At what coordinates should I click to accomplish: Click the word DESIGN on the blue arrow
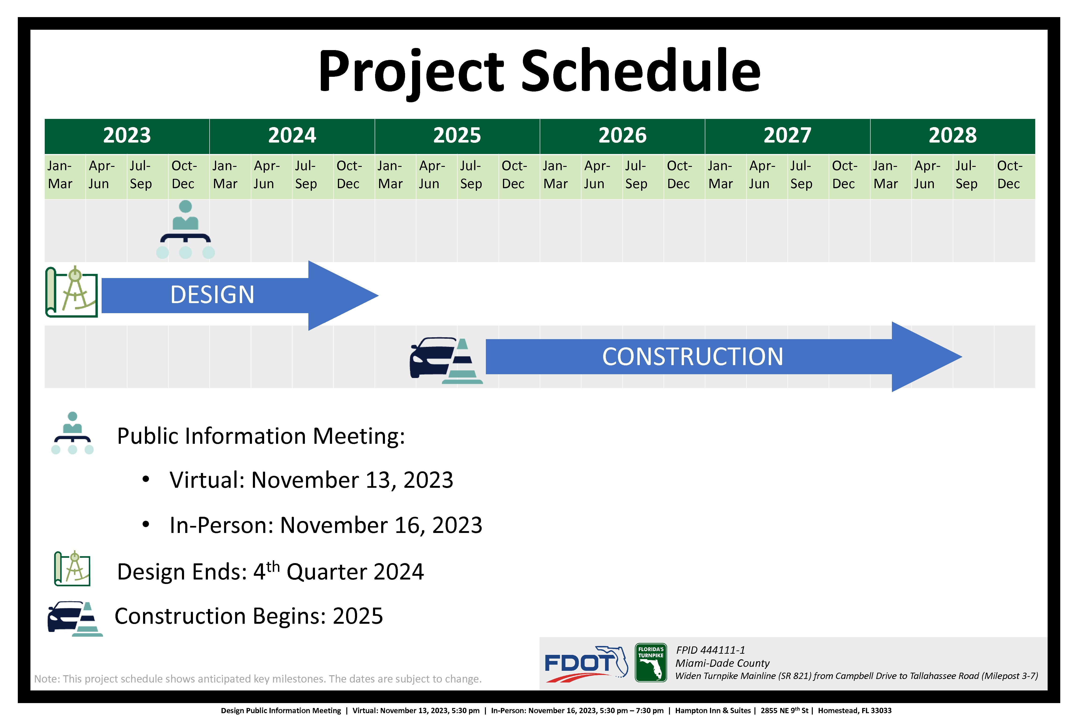(212, 294)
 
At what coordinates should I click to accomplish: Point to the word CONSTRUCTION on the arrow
(693, 357)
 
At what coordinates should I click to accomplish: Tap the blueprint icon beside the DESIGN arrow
(72, 292)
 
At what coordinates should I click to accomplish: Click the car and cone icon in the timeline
(446, 360)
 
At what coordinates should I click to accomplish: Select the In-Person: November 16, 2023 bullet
(326, 525)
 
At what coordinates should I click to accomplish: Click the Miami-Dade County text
(723, 663)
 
